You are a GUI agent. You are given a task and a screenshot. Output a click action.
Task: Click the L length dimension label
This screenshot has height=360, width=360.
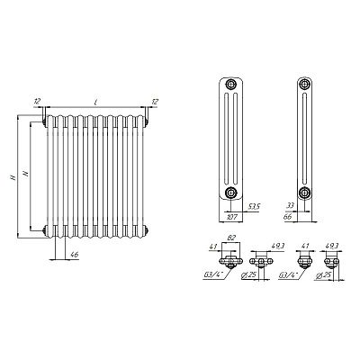pyautogui.click(x=95, y=103)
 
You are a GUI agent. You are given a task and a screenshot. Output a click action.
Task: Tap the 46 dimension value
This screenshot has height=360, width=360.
pyautogui.click(x=74, y=255)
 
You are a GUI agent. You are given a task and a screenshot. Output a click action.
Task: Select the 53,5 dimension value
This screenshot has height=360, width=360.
pyautogui.click(x=255, y=207)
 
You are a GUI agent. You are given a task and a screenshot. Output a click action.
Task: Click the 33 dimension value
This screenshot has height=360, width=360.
pyautogui.click(x=291, y=205)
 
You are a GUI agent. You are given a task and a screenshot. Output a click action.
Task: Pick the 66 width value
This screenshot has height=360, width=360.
pyautogui.click(x=287, y=217)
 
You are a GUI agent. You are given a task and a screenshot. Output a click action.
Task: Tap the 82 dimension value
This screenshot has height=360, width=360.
pyautogui.click(x=231, y=238)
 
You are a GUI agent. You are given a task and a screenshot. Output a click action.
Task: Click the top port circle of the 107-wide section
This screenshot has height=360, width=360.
pyautogui.click(x=230, y=84)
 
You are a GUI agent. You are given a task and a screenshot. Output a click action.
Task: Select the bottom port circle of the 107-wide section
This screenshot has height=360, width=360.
pyautogui.click(x=230, y=193)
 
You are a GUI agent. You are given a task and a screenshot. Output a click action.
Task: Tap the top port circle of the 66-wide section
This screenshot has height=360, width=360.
pyautogui.click(x=305, y=84)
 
